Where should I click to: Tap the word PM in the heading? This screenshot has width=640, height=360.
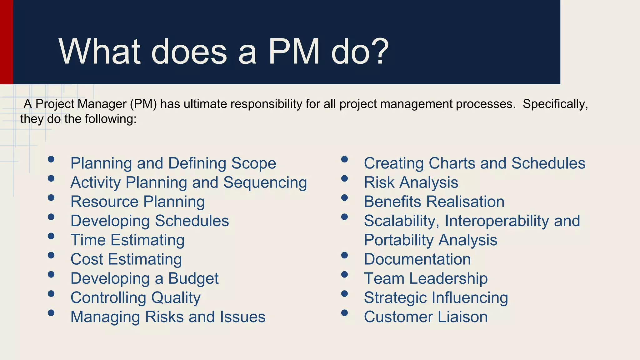pyautogui.click(x=294, y=52)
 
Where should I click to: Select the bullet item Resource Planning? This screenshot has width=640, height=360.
pyautogui.click(x=137, y=202)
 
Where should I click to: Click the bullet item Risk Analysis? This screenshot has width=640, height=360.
pyautogui.click(x=411, y=182)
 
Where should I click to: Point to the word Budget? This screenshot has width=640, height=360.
pyautogui.click(x=193, y=278)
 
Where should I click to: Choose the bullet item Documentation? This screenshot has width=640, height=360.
pyautogui.click(x=417, y=259)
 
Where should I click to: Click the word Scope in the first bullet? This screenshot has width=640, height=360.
pyautogui.click(x=253, y=163)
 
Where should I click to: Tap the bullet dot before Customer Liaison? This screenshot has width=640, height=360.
pyautogui.click(x=344, y=313)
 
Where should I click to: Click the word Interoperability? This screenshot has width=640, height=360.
pyautogui.click(x=497, y=221)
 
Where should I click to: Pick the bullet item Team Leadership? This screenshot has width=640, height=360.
pyautogui.click(x=426, y=278)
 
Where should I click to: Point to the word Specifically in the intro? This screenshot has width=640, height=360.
pyautogui.click(x=555, y=104)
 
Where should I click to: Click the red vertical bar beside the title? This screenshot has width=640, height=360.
pyautogui.click(x=6, y=42)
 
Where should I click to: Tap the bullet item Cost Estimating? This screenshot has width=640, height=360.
pyautogui.click(x=126, y=259)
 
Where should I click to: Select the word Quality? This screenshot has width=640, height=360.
pyautogui.click(x=176, y=298)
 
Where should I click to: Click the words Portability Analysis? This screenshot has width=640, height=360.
pyautogui.click(x=430, y=240)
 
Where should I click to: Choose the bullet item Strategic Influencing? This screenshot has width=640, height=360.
pyautogui.click(x=436, y=298)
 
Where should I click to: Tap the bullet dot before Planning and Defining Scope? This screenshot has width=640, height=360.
pyautogui.click(x=51, y=159)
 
